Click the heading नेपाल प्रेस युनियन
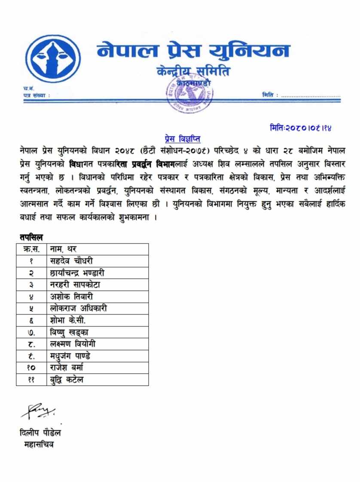point(193,51)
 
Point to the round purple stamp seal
point(189,95)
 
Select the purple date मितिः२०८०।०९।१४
point(302,128)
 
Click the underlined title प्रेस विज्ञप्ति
point(183,139)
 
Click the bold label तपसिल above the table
point(31,236)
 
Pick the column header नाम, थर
point(63,249)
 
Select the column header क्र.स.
point(31,249)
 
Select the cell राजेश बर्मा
point(69,368)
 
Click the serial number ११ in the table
point(31,380)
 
